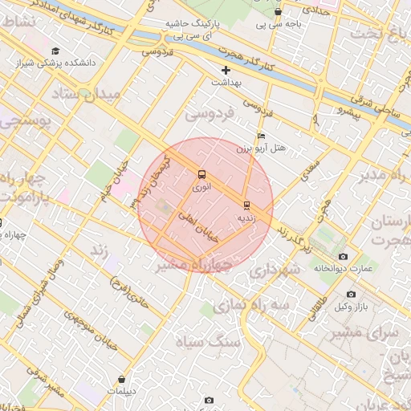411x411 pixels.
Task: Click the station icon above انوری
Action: tap(201, 173)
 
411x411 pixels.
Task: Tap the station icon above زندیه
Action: tap(246, 204)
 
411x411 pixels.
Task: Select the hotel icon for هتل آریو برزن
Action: tap(261, 136)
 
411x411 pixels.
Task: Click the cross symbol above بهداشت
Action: tap(226, 70)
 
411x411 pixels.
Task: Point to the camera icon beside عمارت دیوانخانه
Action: tap(344, 256)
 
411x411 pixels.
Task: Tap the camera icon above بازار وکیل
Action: tap(351, 295)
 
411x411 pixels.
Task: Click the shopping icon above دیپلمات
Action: tap(121, 380)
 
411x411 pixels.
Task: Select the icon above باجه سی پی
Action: tap(278, 12)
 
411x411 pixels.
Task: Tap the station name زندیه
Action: tap(246, 218)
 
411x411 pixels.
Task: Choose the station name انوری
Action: tap(202, 187)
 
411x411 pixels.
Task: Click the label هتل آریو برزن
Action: tap(261, 149)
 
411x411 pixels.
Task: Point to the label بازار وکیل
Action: tap(352, 307)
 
